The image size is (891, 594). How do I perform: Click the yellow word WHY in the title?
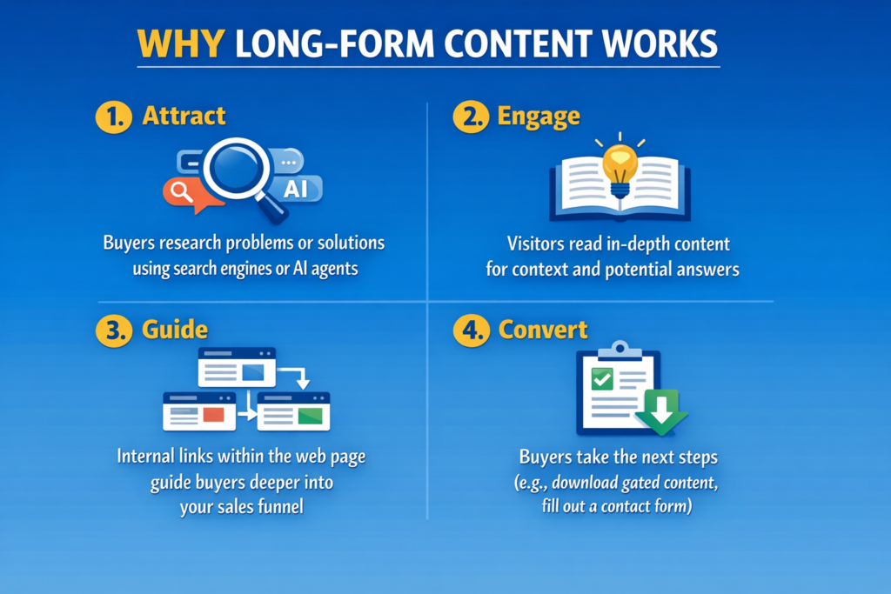[181, 43]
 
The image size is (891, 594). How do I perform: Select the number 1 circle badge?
[114, 117]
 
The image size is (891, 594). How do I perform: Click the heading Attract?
[184, 116]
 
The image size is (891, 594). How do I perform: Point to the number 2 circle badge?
[471, 117]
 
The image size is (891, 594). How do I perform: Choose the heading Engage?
[539, 117]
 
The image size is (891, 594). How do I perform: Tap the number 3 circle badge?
[114, 330]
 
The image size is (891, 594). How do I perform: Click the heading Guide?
[175, 330]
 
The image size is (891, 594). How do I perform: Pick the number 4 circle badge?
[471, 330]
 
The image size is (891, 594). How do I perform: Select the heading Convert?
[543, 330]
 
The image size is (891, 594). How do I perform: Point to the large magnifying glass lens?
[237, 169]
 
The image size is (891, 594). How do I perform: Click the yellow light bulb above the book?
[620, 167]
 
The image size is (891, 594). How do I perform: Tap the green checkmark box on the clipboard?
[602, 379]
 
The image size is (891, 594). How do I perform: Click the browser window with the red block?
[199, 411]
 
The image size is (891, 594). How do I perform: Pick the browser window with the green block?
[293, 411]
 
